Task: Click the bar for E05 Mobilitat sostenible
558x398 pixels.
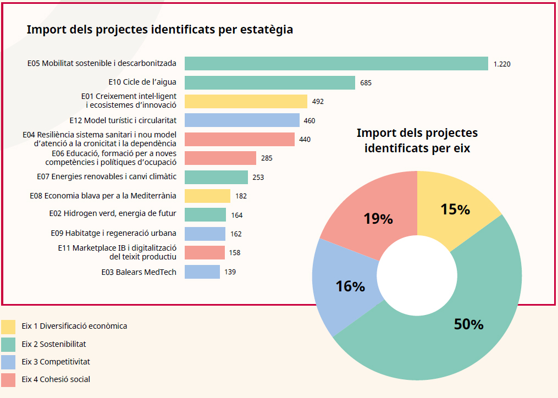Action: tap(336, 64)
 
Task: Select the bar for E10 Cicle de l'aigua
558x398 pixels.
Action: tap(269, 83)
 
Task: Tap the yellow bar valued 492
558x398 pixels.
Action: tap(246, 102)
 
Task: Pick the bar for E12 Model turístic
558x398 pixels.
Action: tap(242, 120)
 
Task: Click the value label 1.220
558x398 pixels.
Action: tap(502, 64)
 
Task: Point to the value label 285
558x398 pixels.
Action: tap(267, 158)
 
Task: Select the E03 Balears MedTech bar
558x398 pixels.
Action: tap(202, 272)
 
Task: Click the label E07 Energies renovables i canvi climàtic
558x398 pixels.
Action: tap(107, 177)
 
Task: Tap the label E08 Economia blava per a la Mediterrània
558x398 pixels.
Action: tap(103, 196)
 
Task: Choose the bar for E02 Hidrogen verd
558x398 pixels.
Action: tap(205, 215)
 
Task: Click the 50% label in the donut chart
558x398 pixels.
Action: tap(468, 324)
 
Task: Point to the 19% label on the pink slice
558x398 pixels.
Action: tap(378, 219)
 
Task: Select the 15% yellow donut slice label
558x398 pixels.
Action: tap(455, 209)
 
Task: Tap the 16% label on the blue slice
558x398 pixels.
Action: tap(350, 286)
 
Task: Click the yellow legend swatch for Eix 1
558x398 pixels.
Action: tap(8, 327)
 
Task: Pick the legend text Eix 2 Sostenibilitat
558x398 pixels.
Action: tap(54, 344)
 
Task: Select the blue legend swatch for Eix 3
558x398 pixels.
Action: tap(8, 362)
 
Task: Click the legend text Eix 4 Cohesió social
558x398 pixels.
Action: tap(56, 379)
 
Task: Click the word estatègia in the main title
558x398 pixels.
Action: tap(267, 30)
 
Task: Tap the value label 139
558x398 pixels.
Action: tap(230, 272)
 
